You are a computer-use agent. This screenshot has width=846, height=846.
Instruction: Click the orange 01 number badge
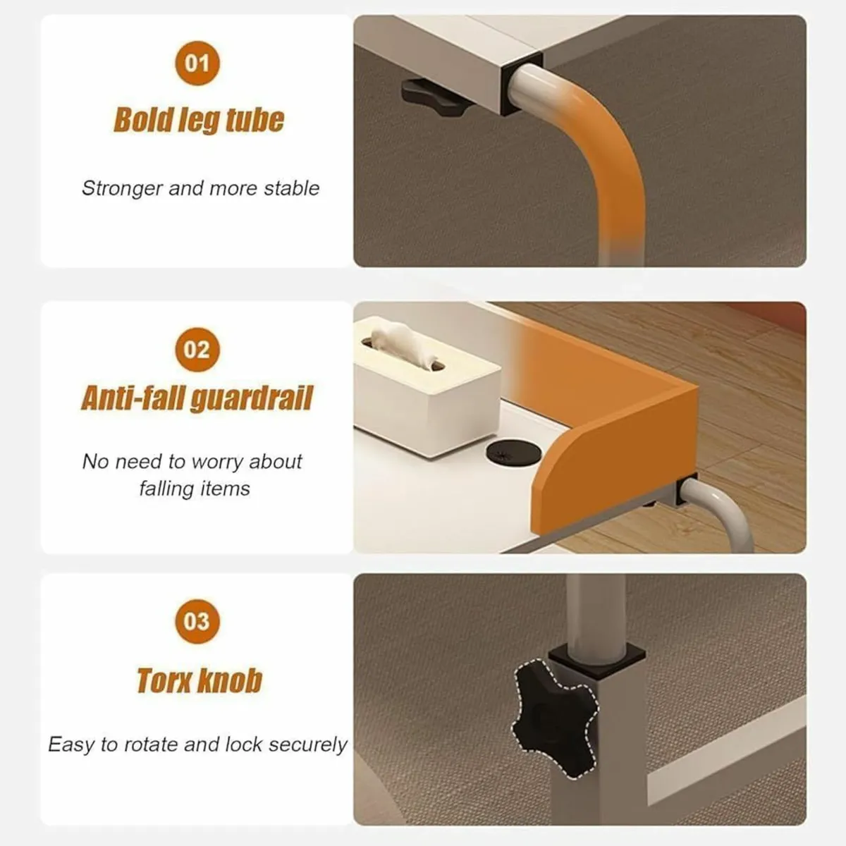pyautogui.click(x=197, y=63)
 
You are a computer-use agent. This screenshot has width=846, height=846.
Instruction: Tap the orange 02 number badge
pyautogui.click(x=197, y=350)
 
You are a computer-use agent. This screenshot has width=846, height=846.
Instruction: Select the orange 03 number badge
pyautogui.click(x=197, y=621)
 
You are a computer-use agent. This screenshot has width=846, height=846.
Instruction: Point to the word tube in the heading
pyautogui.click(x=255, y=120)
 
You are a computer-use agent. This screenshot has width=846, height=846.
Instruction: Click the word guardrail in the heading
pyautogui.click(x=252, y=398)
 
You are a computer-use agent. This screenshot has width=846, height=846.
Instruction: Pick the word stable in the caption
pyautogui.click(x=291, y=189)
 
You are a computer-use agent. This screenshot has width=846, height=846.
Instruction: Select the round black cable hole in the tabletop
pyautogui.click(x=510, y=451)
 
